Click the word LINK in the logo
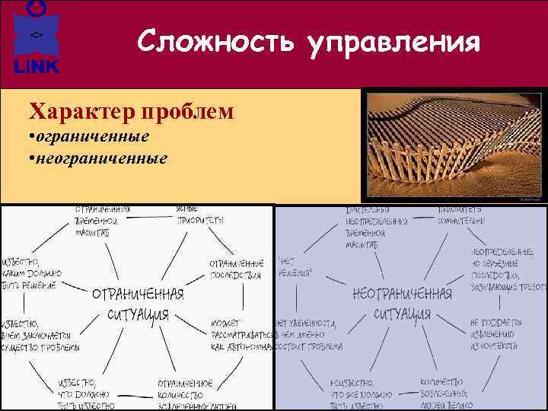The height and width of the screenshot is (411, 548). click(36, 67)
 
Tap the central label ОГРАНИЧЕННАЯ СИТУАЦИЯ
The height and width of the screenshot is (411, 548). click(138, 304)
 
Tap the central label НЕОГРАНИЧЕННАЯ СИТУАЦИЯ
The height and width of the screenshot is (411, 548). click(402, 304)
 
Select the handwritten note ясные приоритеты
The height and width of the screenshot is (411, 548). click(199, 213)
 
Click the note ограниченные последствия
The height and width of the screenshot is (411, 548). click(236, 268)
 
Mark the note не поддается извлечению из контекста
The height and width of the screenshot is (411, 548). click(494, 334)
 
